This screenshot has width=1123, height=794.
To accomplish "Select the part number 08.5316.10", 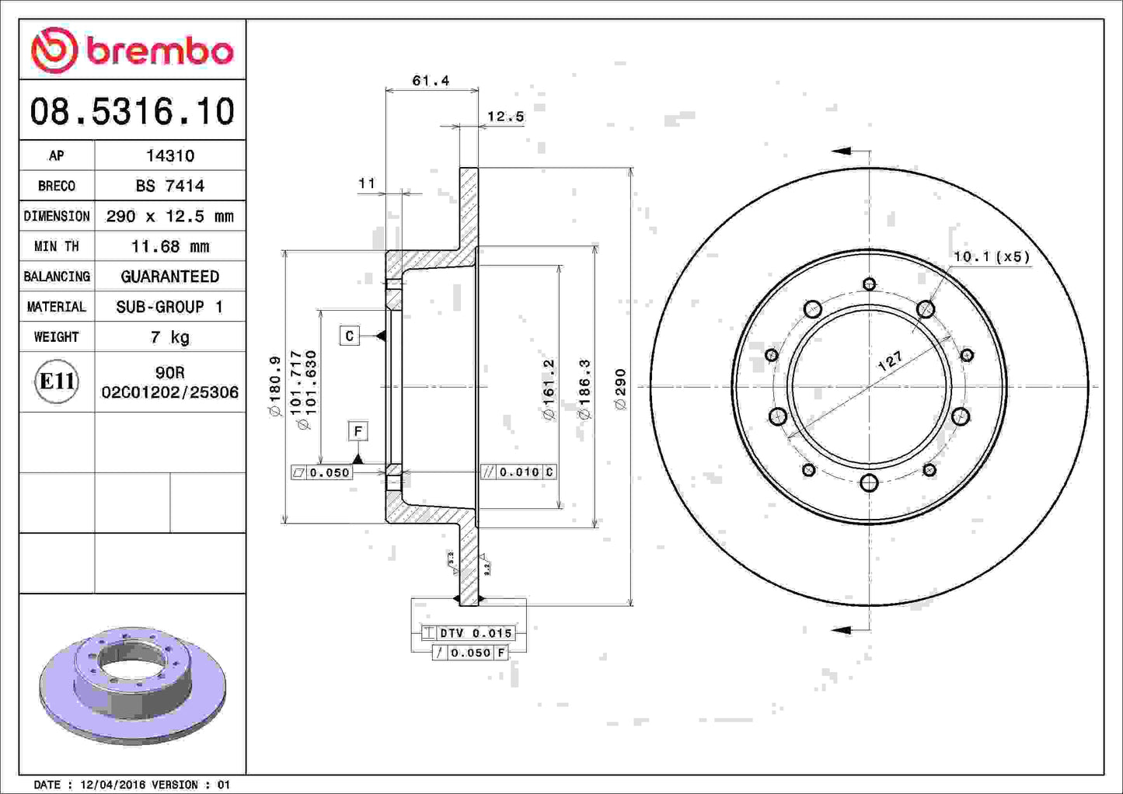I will (132, 111).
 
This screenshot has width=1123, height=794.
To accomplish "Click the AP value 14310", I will (169, 155).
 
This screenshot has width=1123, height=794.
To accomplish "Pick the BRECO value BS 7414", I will (169, 186).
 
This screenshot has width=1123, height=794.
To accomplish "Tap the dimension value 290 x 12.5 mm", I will (169, 216).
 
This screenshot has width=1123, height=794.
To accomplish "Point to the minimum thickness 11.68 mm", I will (169, 246).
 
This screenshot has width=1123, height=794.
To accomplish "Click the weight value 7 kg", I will (169, 337).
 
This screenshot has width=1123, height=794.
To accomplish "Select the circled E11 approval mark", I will (57, 381).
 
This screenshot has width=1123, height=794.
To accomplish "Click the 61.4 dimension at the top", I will (431, 81).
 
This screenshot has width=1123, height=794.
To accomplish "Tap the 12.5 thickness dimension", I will (505, 117).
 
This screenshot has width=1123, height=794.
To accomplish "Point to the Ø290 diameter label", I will (620, 389).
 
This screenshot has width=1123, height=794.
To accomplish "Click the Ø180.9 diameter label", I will (274, 386).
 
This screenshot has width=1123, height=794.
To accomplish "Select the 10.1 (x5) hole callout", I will (991, 256).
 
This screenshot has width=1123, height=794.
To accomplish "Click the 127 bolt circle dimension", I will (891, 360).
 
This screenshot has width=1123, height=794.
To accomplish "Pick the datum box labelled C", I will (349, 336).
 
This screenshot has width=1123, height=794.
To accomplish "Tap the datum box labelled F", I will (357, 431).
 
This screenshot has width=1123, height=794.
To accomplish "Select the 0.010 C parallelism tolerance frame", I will (518, 472).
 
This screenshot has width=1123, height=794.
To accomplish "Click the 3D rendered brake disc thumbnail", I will (132, 684).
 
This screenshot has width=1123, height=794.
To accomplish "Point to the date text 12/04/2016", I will (109, 785).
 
